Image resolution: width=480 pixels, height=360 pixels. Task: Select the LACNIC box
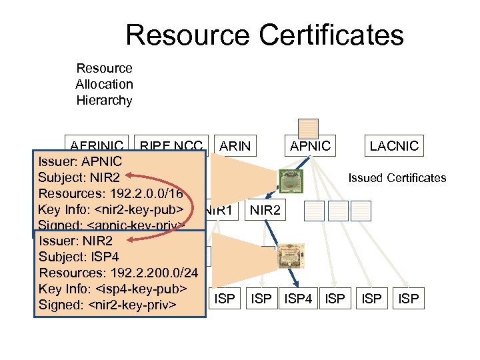pos(393,145)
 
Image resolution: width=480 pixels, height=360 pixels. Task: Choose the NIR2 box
pos(266,211)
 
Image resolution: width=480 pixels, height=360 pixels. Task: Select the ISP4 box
pos(298,299)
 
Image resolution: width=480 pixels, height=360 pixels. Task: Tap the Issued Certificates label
pos(397,177)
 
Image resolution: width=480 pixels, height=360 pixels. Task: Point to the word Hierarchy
pos(104,101)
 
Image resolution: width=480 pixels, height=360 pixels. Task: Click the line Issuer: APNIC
pos(80,161)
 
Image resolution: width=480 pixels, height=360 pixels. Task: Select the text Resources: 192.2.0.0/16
pos(115,194)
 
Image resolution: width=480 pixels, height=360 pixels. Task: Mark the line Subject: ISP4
pos(79,257)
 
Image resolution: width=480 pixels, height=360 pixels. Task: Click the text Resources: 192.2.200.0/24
pos(119,273)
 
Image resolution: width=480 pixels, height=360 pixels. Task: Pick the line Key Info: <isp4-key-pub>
pos(113,289)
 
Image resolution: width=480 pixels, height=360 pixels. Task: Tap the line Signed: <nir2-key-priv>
pos(107,305)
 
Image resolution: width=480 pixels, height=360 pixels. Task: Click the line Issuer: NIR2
pos(76,241)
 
